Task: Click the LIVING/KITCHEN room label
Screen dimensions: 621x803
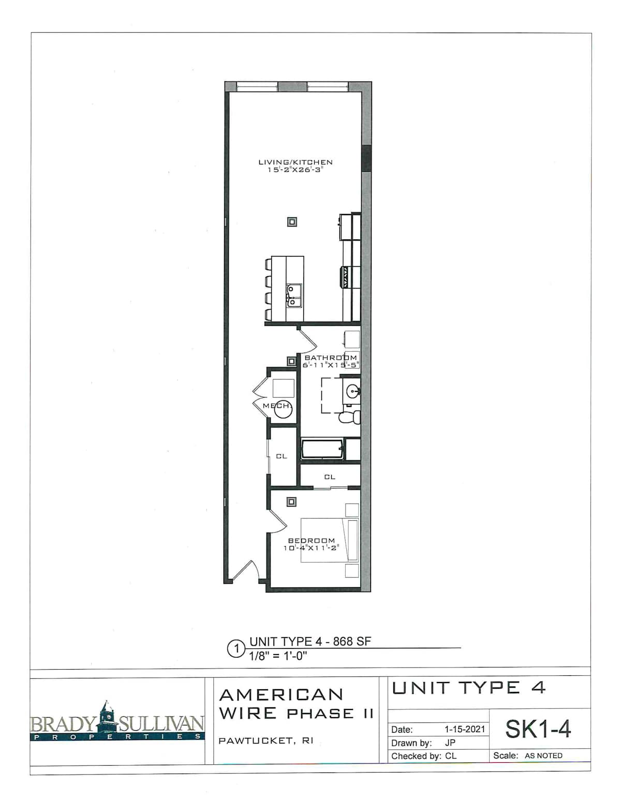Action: [x=295, y=162]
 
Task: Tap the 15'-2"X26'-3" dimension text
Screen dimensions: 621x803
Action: [x=295, y=170]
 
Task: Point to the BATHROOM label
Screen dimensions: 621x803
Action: [x=331, y=358]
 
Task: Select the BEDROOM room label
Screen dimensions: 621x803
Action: [x=312, y=541]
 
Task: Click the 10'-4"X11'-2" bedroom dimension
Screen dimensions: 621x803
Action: [x=312, y=548]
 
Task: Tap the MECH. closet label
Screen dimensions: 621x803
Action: [x=277, y=406]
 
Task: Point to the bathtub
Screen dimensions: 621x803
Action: [x=322, y=449]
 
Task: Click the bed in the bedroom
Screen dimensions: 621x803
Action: [x=330, y=540]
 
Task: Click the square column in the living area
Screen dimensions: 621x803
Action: [x=292, y=222]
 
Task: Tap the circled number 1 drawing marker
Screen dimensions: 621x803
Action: [x=235, y=649]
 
